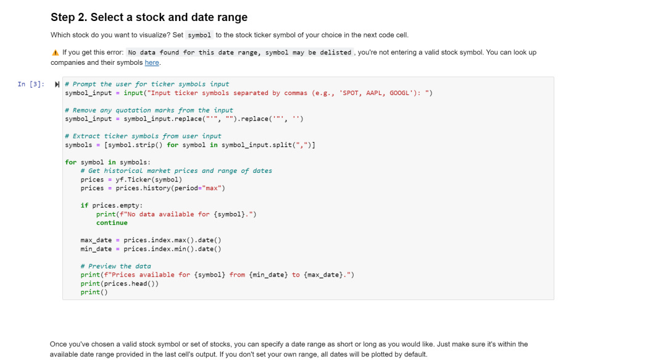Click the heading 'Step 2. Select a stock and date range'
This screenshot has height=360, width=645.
149,17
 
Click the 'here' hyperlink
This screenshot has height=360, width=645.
152,62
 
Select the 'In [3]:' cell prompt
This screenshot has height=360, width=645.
31,84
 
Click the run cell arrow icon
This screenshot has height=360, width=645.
57,84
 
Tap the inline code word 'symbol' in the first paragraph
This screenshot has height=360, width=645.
199,35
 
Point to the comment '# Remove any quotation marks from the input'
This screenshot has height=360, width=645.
149,110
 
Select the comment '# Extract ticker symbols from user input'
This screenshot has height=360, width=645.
143,136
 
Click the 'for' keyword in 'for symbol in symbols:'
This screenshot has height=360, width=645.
70,162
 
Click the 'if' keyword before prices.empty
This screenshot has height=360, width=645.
84,205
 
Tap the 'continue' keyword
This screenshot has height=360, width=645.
112,222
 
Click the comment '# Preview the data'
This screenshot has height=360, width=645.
115,266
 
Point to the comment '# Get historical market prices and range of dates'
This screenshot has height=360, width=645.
176,170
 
